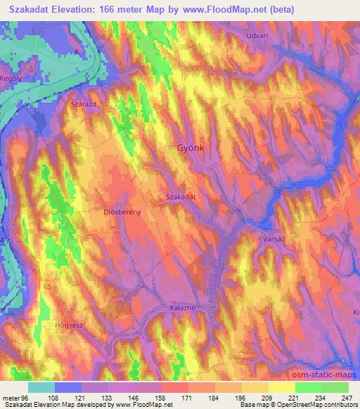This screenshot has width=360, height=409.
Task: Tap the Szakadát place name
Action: tap(181, 198)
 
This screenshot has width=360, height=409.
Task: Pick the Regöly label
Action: tap(11, 79)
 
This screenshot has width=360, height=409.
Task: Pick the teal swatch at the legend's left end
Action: tap(41, 387)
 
